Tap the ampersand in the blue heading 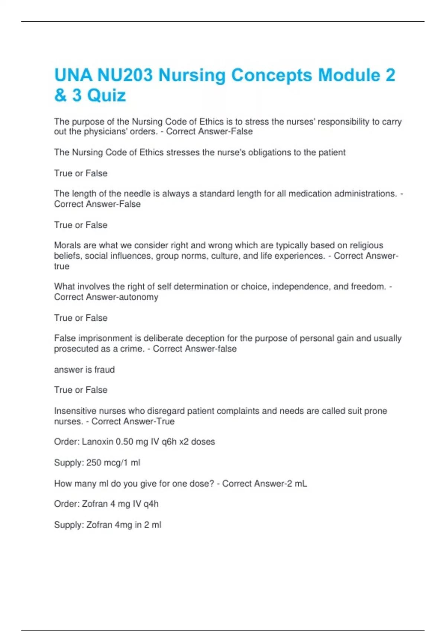(60, 95)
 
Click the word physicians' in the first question (106, 132)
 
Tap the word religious (365, 245)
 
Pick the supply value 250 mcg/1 (107, 463)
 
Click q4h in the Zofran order (151, 504)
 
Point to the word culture (224, 256)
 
